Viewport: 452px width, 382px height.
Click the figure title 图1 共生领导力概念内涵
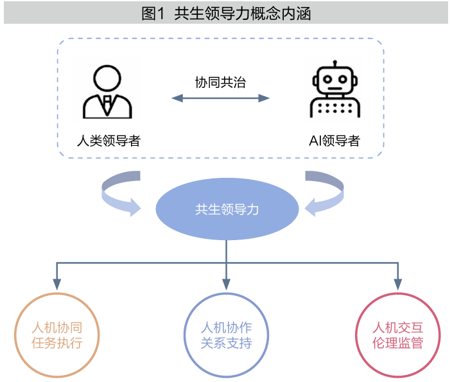(x=225, y=13)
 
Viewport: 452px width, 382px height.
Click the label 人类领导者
(x=108, y=141)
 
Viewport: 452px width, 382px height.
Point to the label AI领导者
(x=334, y=141)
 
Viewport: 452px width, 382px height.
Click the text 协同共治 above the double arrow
(x=220, y=82)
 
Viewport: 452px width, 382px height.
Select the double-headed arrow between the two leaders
(x=220, y=98)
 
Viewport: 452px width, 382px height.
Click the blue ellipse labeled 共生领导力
(x=227, y=210)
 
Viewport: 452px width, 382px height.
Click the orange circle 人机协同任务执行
(x=56, y=334)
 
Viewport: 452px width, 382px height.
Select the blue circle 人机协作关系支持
(x=226, y=334)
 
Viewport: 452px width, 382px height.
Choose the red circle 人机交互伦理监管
(x=398, y=334)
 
